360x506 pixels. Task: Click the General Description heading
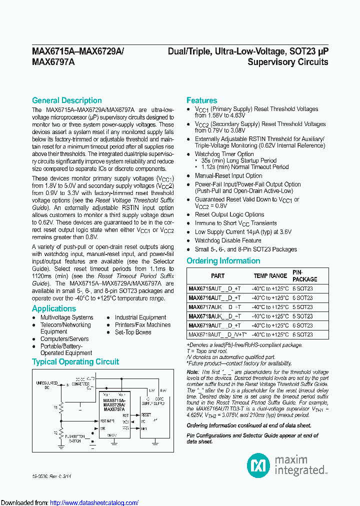pyautogui.click(x=66, y=100)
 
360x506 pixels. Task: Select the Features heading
pyautogui.click(x=201, y=100)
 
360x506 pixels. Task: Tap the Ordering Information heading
pyautogui.click(x=223, y=261)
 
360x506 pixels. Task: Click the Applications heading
pyautogui.click(x=54, y=308)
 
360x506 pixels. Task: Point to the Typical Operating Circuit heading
pyautogui.click(x=75, y=361)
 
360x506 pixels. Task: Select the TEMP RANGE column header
pyautogui.click(x=270, y=275)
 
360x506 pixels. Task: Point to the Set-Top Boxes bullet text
pyautogui.click(x=133, y=332)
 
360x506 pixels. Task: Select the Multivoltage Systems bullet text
pyautogui.click(x=66, y=317)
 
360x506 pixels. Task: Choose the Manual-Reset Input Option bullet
pyautogui.click(x=228, y=176)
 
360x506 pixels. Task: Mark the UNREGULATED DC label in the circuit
pyautogui.click(x=47, y=384)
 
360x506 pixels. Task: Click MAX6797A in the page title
pyautogui.click(x=53, y=62)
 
